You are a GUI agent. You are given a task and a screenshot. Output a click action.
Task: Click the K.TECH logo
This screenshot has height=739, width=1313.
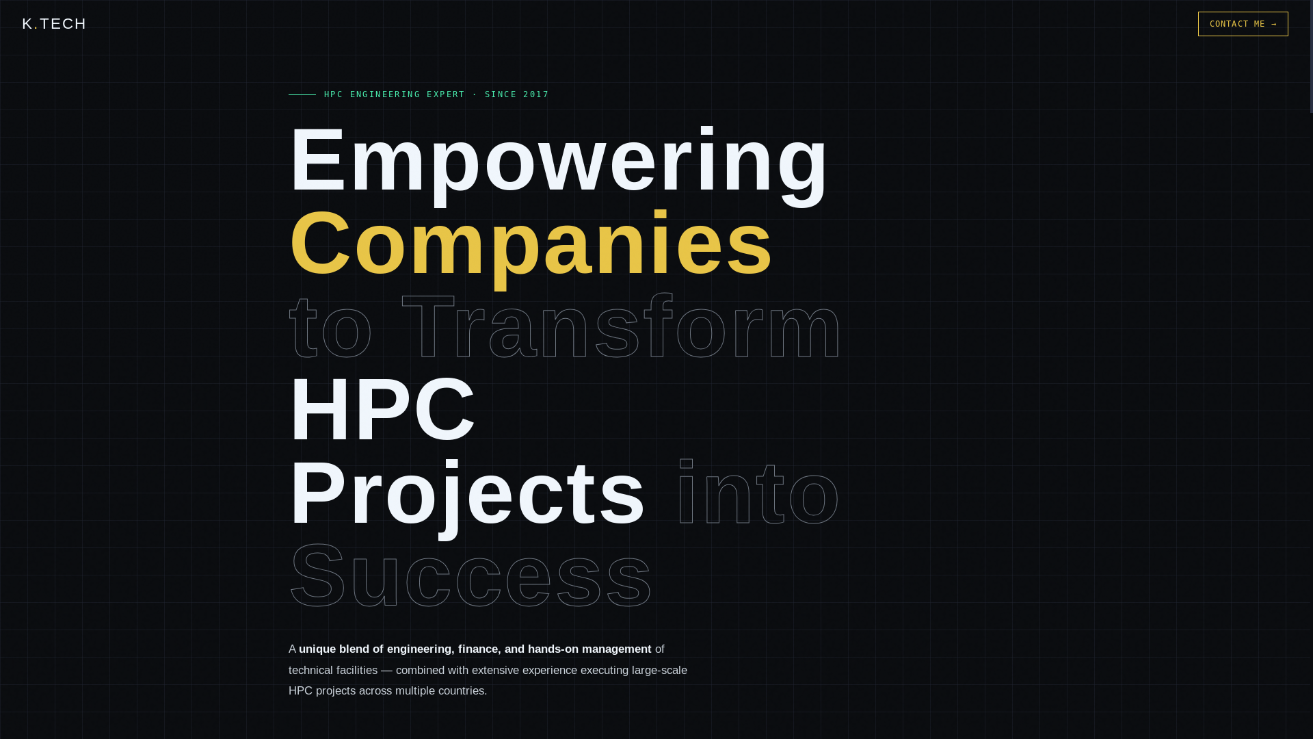(54, 24)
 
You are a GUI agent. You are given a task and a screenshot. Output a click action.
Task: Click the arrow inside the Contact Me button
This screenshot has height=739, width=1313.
(1273, 24)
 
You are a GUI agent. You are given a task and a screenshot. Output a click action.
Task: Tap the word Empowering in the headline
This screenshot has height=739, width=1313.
(558, 161)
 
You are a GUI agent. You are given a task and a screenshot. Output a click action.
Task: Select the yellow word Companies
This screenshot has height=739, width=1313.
(531, 244)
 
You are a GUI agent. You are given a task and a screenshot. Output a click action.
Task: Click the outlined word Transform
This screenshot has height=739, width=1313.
(621, 327)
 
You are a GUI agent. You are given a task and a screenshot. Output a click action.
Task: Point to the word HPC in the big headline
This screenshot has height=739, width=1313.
(382, 410)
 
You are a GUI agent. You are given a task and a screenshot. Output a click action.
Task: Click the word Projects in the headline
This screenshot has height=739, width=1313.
(467, 493)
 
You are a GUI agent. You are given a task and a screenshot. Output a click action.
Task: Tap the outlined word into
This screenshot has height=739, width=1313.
(757, 493)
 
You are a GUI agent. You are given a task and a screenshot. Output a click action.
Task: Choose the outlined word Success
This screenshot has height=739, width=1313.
(470, 575)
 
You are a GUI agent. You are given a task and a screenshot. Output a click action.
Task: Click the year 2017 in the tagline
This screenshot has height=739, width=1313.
(536, 94)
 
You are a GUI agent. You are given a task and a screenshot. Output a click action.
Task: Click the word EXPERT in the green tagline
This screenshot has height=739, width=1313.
(446, 94)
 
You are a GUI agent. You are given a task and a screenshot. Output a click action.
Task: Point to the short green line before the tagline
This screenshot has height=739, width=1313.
(302, 94)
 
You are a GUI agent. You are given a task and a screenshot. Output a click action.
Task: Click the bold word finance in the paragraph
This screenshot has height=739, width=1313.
(478, 649)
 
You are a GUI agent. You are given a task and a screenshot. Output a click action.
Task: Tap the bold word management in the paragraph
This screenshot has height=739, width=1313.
(616, 649)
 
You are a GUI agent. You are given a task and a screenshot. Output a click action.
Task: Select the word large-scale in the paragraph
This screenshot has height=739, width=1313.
(659, 671)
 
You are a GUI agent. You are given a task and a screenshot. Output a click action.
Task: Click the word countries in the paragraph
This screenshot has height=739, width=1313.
(461, 691)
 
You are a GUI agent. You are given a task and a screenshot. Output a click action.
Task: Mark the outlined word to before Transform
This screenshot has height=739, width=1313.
(330, 327)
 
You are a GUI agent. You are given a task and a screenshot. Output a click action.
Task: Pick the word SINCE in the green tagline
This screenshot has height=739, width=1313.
(501, 94)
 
